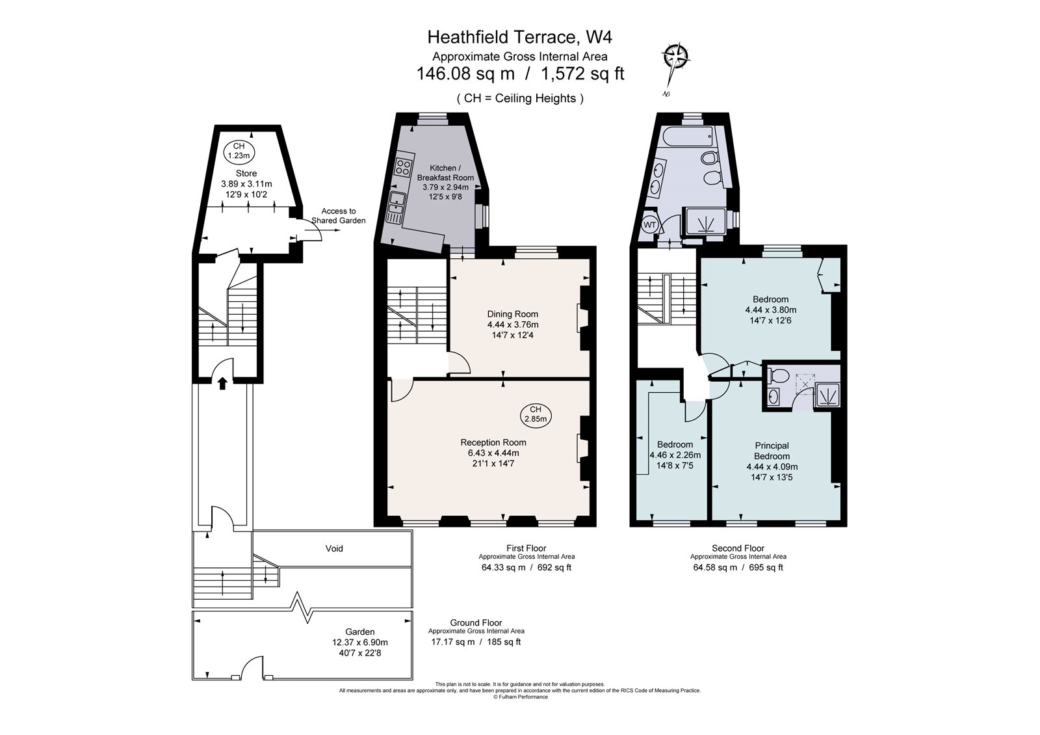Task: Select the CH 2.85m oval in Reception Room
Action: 535,414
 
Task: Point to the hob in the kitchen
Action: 403,167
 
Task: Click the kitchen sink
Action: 395,207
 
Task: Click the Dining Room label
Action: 513,314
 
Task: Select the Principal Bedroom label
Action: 772,451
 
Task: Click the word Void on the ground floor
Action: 334,548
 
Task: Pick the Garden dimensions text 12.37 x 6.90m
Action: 360,642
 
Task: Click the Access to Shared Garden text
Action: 338,215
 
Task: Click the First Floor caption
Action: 526,548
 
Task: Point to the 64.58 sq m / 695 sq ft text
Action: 738,567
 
